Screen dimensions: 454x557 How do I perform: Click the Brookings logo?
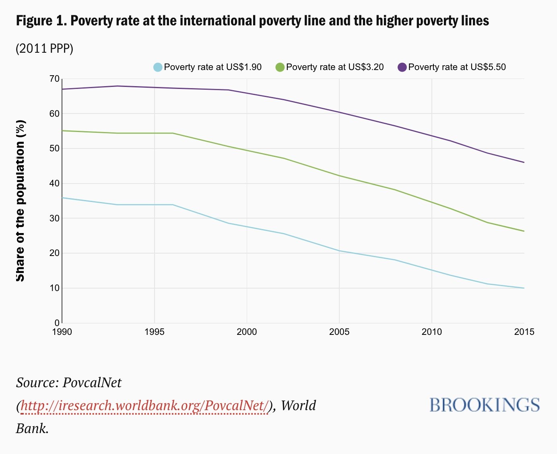(485, 405)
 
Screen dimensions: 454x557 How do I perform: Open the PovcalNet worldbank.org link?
(144, 405)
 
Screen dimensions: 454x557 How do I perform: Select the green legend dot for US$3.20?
(280, 67)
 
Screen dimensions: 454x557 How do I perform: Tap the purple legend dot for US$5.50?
(402, 67)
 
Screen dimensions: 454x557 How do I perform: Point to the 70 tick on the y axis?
(54, 79)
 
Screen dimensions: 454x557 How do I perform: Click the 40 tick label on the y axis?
(54, 184)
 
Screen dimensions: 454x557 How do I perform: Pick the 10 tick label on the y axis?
(54, 288)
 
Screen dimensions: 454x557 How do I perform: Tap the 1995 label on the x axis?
(155, 332)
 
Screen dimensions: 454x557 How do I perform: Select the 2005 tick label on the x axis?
(339, 332)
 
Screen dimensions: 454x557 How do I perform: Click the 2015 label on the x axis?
(524, 332)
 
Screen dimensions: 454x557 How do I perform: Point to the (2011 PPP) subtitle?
(44, 49)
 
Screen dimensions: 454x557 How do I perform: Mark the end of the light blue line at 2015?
(524, 288)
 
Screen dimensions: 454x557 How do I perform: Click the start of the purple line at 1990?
(63, 89)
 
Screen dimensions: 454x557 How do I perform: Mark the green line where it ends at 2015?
(524, 231)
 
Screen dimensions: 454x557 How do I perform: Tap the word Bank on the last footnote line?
(32, 428)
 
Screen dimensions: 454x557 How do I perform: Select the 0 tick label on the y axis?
(57, 323)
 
